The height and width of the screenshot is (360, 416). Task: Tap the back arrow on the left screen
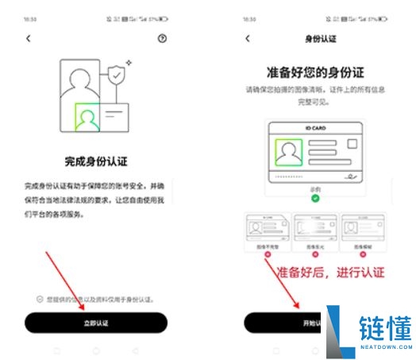tap(29, 38)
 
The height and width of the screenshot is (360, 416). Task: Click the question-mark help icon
tap(163, 38)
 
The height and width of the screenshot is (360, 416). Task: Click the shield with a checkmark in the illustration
tap(117, 75)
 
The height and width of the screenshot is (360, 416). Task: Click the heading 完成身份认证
tap(96, 160)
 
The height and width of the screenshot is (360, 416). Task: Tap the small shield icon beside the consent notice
tap(39, 299)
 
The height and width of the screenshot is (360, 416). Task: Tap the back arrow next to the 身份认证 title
tap(248, 38)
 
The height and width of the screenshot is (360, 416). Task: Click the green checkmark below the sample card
tap(316, 197)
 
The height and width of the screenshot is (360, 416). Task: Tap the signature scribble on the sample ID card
tap(351, 174)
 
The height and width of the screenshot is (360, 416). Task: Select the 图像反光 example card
tap(316, 231)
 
